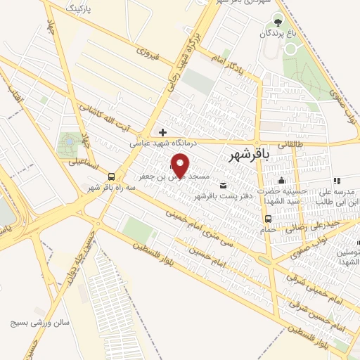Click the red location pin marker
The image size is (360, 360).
click(181, 165)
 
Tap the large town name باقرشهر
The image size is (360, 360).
click(250, 157)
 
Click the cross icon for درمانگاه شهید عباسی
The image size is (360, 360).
click(162, 131)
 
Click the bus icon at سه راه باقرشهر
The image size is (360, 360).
click(112, 176)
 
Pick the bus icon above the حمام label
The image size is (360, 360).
click(268, 218)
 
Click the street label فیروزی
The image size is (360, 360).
click(148, 52)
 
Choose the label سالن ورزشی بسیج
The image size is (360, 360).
click(39, 323)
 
